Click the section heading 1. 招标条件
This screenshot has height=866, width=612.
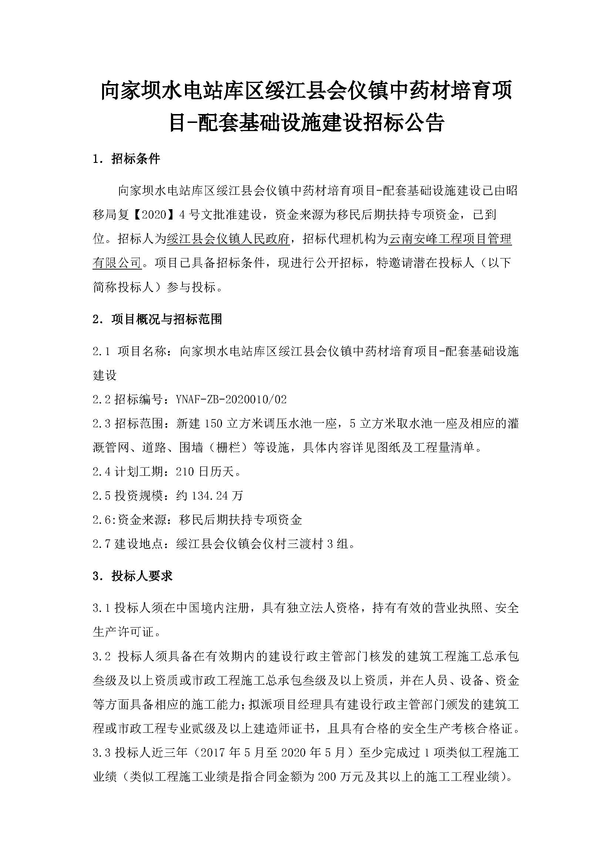point(126,159)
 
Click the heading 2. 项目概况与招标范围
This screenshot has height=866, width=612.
point(157,320)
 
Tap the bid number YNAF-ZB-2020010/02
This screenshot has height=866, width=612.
point(231,399)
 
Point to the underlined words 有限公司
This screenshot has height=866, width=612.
point(117,263)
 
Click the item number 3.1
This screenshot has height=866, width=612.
point(101,608)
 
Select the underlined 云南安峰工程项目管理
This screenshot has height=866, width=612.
point(450,239)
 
